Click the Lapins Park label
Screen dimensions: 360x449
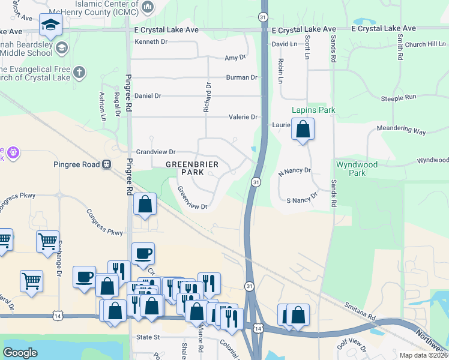coord(313,110)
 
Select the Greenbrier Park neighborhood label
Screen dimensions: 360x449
coord(192,168)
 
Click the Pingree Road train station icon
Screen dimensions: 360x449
coord(107,163)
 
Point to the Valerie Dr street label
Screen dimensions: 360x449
coord(243,118)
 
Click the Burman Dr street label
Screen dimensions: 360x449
coord(241,77)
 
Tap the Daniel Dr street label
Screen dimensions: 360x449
coord(148,96)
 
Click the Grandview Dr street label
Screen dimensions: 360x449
coord(155,152)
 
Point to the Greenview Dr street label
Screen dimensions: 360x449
coord(192,199)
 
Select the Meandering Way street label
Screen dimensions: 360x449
coord(400,130)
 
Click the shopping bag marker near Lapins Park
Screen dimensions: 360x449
coord(303,129)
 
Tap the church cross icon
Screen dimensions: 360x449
coord(79,73)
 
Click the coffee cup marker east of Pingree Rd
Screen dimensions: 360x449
coord(142,253)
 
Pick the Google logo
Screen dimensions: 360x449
coord(20,353)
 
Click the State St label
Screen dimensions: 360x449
coord(148,337)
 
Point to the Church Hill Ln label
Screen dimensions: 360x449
coord(424,44)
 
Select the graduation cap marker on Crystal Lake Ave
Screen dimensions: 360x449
coord(51,25)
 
